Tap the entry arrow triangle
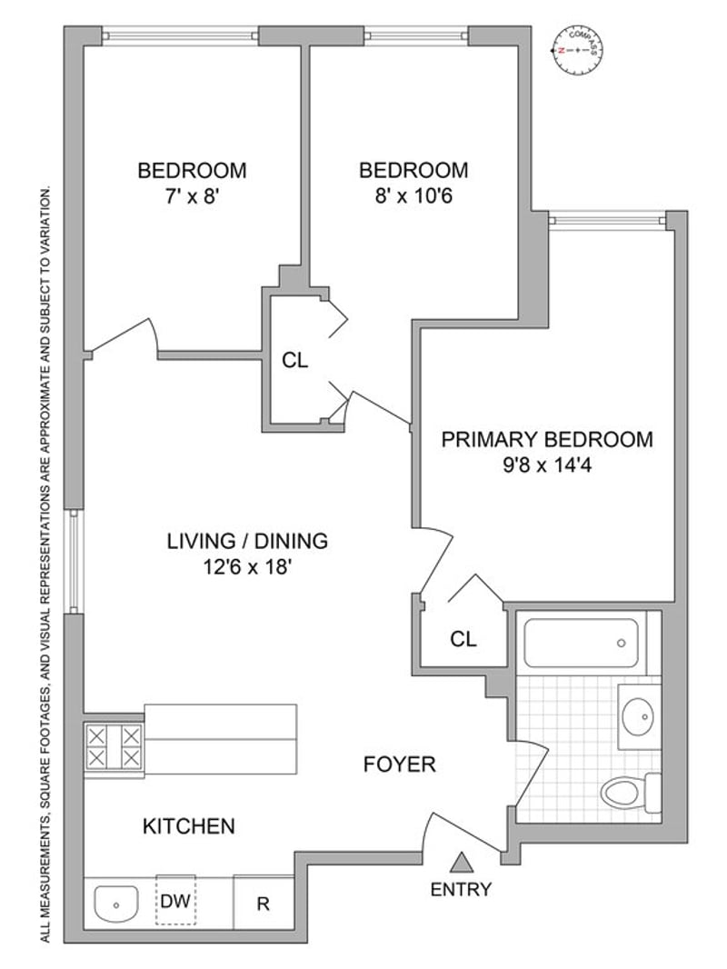point(463,862)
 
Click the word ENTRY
point(462,889)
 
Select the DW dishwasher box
point(175,901)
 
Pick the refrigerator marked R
point(263,904)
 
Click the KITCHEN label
point(189,826)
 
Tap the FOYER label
point(399,764)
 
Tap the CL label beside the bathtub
point(463,639)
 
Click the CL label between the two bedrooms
point(295,360)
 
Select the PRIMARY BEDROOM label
point(546,440)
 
